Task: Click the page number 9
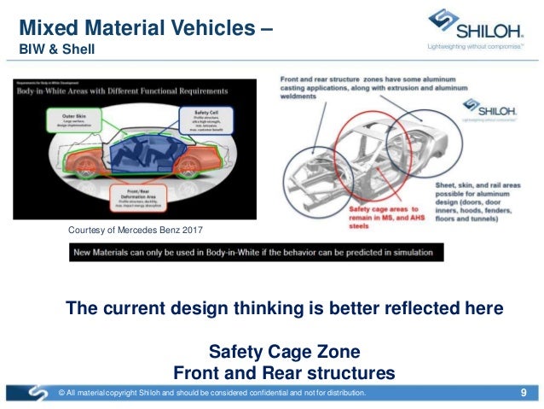[522, 393]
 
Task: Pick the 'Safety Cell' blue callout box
[202, 120]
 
